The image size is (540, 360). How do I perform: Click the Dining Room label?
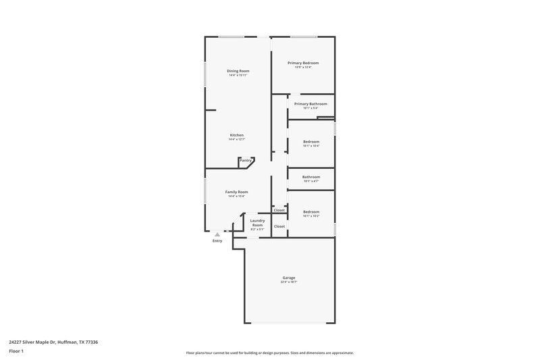(237, 70)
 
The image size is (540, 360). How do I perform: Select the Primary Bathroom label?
(310, 103)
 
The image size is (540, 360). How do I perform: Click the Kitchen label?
(236, 135)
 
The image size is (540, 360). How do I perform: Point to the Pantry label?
(246, 160)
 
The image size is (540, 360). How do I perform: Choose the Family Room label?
(236, 192)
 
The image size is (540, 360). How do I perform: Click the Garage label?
(289, 278)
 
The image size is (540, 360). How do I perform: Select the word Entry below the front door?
(217, 241)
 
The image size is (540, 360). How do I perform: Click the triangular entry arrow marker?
(217, 234)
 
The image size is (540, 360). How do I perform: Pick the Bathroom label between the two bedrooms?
(310, 177)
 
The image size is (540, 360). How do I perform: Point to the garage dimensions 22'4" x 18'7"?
(289, 282)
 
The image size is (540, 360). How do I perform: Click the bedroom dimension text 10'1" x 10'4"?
(310, 146)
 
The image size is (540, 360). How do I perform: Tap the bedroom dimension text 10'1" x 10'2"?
(310, 216)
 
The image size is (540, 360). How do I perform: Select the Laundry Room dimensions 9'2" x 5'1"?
(257, 230)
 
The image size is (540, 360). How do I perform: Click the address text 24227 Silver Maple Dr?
(53, 342)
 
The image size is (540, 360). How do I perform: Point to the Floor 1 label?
(16, 351)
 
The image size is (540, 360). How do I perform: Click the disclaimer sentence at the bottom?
(270, 353)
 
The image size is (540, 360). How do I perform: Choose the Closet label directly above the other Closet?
(279, 210)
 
